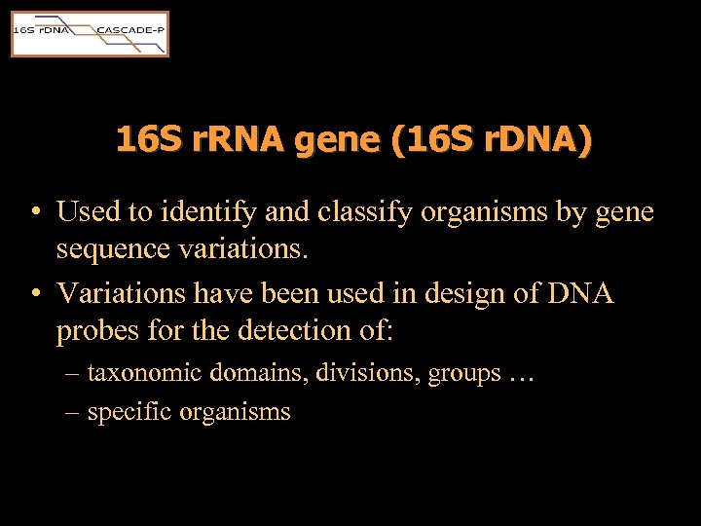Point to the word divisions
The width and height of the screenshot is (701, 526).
point(364,372)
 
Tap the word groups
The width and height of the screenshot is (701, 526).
point(464,374)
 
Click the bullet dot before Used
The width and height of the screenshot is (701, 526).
point(34,212)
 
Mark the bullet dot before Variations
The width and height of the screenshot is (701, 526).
point(34,293)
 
